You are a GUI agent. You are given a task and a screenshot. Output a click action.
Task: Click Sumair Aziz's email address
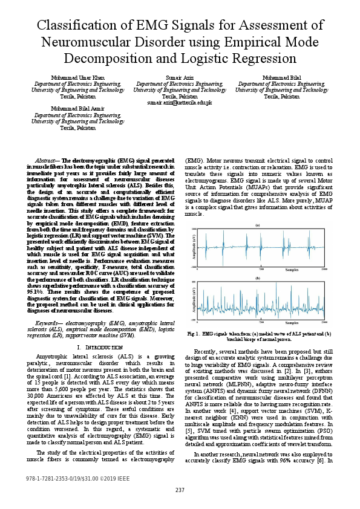tap(180, 103)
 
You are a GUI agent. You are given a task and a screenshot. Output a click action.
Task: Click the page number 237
tap(180, 490)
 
